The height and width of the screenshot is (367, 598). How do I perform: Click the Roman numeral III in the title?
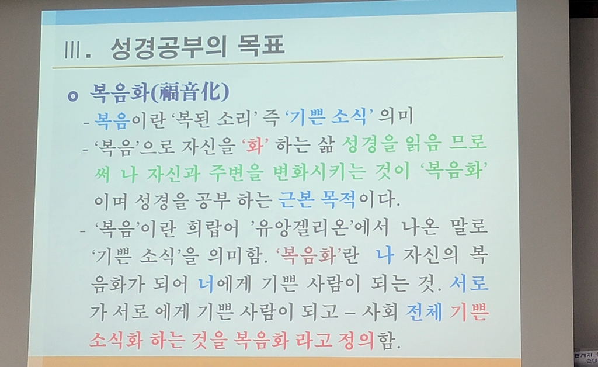tap(72, 50)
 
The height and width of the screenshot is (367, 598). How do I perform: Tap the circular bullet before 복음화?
tap(72, 96)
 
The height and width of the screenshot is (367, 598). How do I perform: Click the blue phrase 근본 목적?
tap(317, 199)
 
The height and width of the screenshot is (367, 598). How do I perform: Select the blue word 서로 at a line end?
tap(469, 283)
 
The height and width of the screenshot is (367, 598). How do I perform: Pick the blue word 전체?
tap(424, 311)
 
